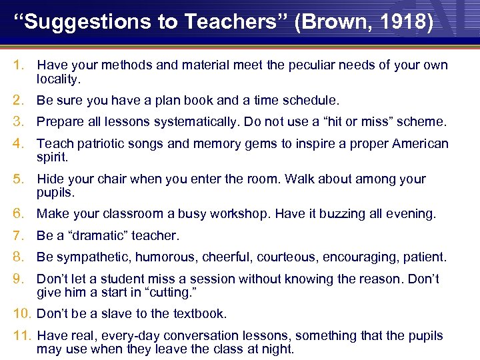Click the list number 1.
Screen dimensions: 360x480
click(x=19, y=65)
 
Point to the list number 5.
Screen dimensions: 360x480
click(x=19, y=179)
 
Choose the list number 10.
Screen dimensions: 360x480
click(x=21, y=313)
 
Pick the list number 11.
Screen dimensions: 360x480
click(x=21, y=336)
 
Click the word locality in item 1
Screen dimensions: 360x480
click(x=58, y=79)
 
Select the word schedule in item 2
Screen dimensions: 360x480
click(x=309, y=101)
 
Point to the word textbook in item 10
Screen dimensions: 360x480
click(x=198, y=313)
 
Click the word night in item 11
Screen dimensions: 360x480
click(x=280, y=349)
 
